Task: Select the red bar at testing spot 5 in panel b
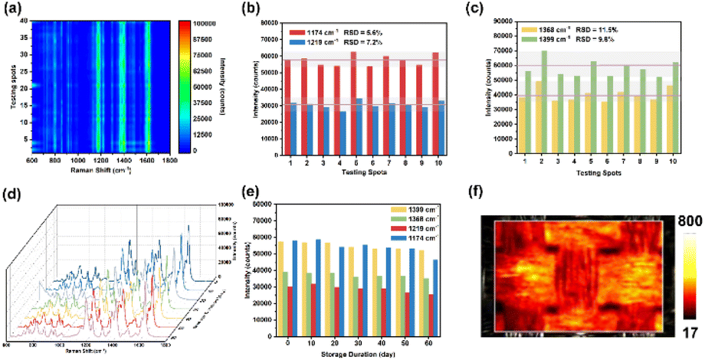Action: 352,86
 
